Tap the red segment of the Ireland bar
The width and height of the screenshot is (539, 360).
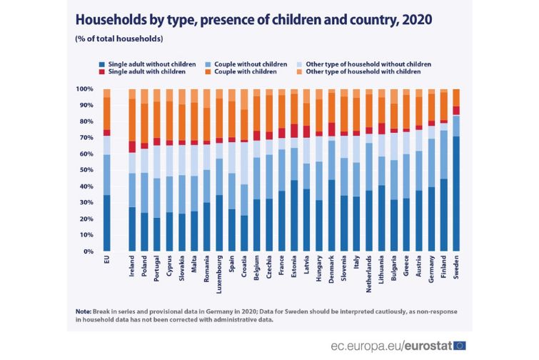[x=131, y=146]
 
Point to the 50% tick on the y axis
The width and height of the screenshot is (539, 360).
[x=84, y=170]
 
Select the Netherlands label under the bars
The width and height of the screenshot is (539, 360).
[x=368, y=276]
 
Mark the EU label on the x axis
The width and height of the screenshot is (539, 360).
[x=106, y=262]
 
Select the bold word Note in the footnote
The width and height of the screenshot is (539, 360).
[x=84, y=311]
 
